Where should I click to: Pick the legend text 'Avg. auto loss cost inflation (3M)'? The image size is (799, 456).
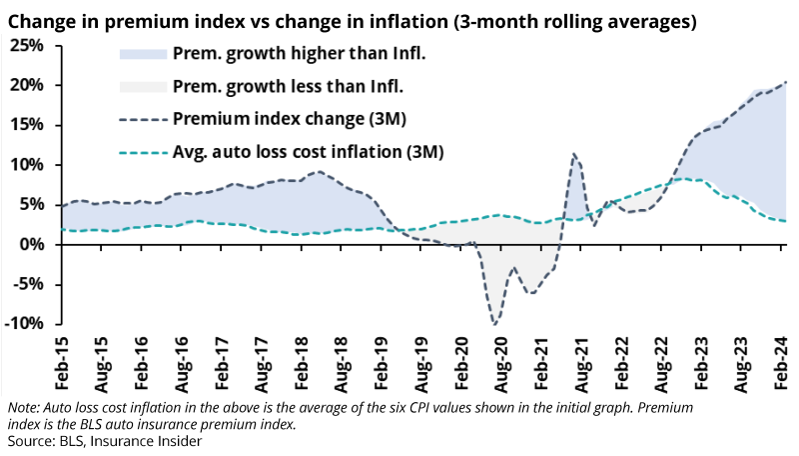click(308, 152)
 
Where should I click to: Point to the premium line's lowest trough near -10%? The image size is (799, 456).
click(494, 324)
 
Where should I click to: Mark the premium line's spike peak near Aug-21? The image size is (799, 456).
click(574, 154)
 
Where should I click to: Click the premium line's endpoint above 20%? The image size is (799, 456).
click(786, 81)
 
